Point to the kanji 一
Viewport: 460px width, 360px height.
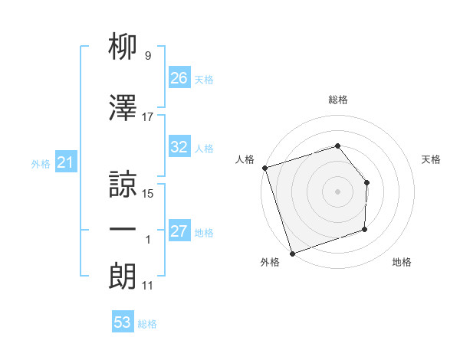pos(123,230)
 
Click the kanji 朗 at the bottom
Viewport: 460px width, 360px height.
pos(123,275)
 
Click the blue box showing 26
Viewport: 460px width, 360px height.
pos(179,78)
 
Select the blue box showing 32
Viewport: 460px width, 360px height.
pos(179,148)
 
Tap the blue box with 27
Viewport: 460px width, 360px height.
pos(179,232)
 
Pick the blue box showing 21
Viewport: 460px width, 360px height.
pos(66,163)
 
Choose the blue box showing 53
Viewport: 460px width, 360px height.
pos(123,322)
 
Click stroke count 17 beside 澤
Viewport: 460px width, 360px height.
pos(147,117)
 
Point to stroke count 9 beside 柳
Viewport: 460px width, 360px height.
pos(147,56)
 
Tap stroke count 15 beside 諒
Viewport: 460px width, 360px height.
pos(148,194)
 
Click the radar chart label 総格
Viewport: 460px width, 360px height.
pos(337,100)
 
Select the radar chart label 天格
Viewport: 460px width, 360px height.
pos(432,159)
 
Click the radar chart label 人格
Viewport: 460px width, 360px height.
pos(245,159)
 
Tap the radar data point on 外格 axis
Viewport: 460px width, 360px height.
pos(291,252)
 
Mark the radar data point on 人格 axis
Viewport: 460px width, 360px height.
pos(264,168)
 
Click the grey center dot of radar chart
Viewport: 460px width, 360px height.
pos(337,191)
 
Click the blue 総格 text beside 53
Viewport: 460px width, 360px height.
pos(147,324)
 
